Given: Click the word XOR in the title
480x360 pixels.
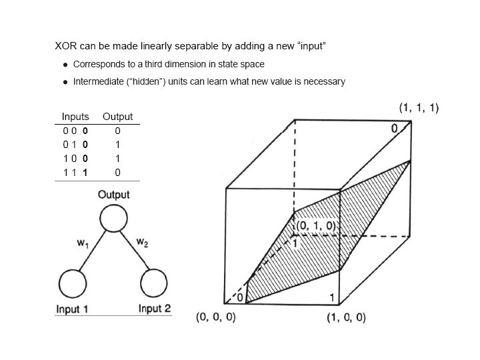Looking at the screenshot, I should coord(67,47).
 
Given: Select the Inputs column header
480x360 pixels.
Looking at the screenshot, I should coord(75,117).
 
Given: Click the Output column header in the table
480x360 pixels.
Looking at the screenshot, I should coord(117,117).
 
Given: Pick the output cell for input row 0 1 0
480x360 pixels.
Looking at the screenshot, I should coord(117,144).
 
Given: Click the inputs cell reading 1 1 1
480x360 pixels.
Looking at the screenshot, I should coord(75,172).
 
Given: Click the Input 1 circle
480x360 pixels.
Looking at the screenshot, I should coord(73,285).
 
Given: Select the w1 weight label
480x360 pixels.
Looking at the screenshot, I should coord(83,244).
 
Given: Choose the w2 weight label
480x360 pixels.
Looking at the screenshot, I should coord(142,243).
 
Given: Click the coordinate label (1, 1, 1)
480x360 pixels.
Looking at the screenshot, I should coord(419,107).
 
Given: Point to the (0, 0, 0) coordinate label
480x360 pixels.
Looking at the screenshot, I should coord(215,317).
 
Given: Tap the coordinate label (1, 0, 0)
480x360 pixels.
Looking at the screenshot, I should coord(346,317).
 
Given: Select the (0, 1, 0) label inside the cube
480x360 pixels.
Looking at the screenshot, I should coord(317,226).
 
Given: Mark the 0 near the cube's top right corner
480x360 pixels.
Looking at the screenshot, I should coord(394,127).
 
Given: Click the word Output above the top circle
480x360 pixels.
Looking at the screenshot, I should coord(114,195).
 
